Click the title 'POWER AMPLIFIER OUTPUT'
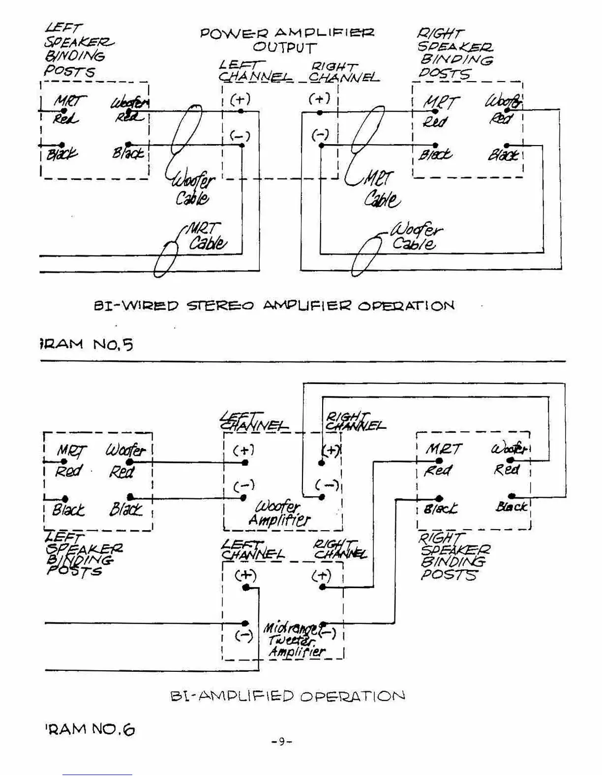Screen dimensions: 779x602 click(x=286, y=40)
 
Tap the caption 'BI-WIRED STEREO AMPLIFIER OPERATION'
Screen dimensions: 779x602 click(x=274, y=306)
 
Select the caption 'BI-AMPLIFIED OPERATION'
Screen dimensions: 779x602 click(x=287, y=696)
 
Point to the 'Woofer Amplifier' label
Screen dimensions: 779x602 click(x=279, y=513)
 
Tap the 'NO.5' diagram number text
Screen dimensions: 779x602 click(x=113, y=344)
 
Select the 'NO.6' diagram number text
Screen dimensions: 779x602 click(x=113, y=729)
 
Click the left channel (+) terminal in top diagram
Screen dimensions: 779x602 click(x=241, y=111)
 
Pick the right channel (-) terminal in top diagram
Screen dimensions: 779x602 click(x=321, y=145)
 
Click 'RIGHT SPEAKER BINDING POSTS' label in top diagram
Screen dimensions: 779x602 click(x=454, y=53)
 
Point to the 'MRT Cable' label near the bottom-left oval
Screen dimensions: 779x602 click(x=207, y=237)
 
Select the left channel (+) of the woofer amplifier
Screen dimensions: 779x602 click(x=245, y=462)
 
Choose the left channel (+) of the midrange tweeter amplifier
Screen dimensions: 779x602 click(x=246, y=588)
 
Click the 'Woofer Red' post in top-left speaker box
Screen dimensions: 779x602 click(x=129, y=112)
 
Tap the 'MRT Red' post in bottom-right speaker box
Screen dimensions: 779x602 click(x=439, y=461)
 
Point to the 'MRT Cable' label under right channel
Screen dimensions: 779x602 click(x=380, y=189)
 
